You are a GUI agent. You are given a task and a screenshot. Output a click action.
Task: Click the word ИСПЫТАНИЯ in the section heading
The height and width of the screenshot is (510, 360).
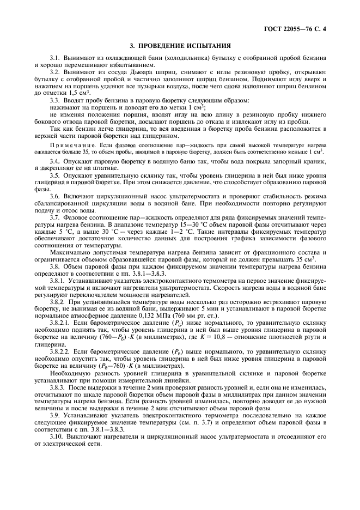206,46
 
